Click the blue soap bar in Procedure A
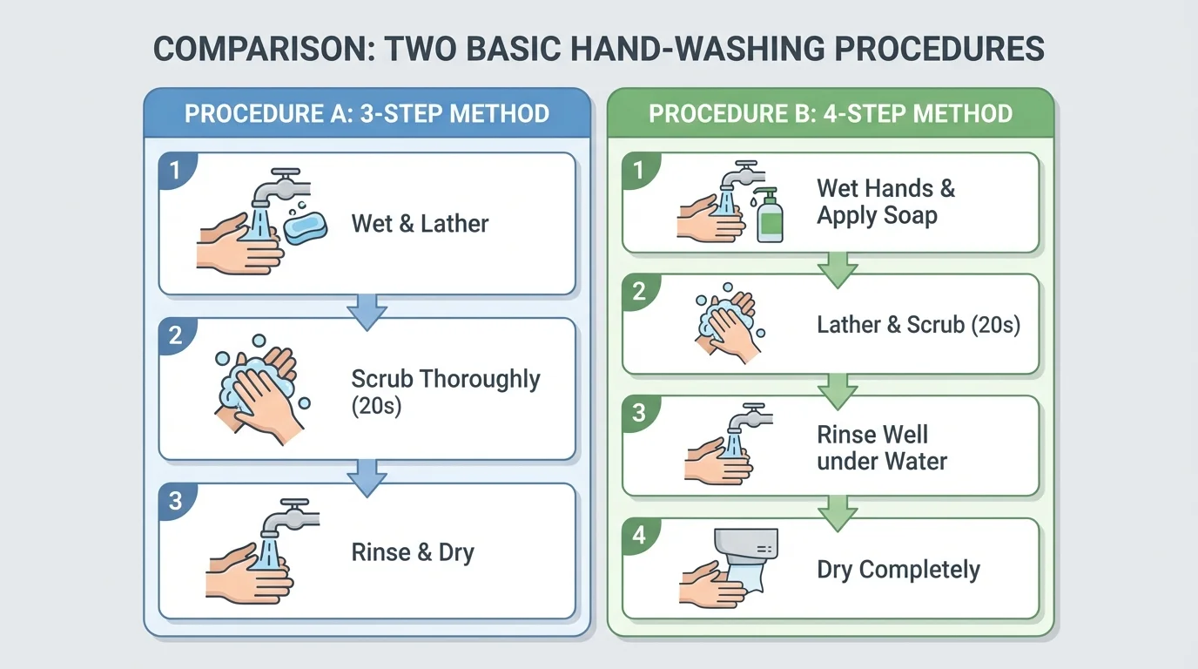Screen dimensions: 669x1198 click(x=305, y=227)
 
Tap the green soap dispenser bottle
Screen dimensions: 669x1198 click(x=769, y=215)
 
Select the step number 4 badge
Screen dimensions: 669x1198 click(x=639, y=535)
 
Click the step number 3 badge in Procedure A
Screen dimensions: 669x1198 click(x=176, y=501)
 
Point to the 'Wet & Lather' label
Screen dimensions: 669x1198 click(x=420, y=224)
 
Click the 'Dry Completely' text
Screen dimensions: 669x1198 click(x=898, y=570)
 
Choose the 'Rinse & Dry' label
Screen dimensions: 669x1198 click(x=413, y=552)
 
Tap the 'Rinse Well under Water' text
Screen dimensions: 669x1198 click(x=881, y=448)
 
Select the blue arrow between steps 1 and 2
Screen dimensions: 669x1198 click(x=367, y=310)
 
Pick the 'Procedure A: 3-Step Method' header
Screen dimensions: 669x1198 click(x=367, y=114)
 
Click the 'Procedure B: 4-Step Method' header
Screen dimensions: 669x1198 click(x=830, y=114)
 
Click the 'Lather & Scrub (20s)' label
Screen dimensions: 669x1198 click(x=918, y=325)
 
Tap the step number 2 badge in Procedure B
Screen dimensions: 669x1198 click(x=639, y=291)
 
